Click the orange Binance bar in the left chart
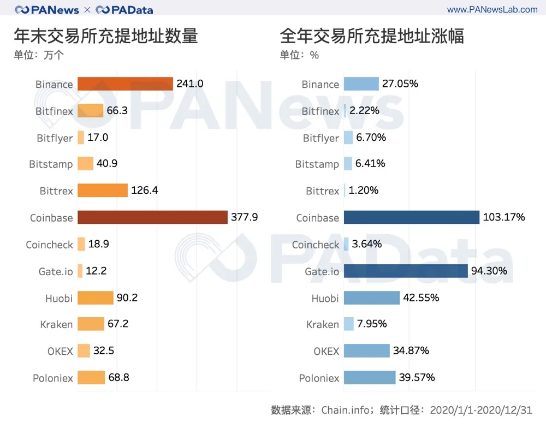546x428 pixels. coord(125,84)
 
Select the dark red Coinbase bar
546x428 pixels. coord(152,217)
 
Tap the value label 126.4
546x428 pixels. coord(145,191)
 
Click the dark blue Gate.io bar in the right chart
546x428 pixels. coord(406,271)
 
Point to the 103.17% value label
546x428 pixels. coord(504,217)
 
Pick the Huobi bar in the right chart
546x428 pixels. coord(372,298)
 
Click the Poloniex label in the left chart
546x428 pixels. coord(53,378)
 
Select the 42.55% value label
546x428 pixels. coord(421,298)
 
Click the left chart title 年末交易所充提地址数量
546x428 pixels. coord(106,37)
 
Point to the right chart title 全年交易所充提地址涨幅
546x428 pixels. coord(372,37)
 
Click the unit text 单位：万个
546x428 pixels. coord(39,55)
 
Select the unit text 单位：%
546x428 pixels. coord(299,55)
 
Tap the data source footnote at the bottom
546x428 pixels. coord(401,410)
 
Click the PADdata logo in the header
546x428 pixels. coord(124,10)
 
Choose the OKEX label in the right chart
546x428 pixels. coord(326,351)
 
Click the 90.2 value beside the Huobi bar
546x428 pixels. coord(127,298)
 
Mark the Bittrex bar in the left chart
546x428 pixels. coord(102,191)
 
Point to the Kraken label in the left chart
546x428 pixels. coord(56,324)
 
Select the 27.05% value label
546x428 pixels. coord(400,84)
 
